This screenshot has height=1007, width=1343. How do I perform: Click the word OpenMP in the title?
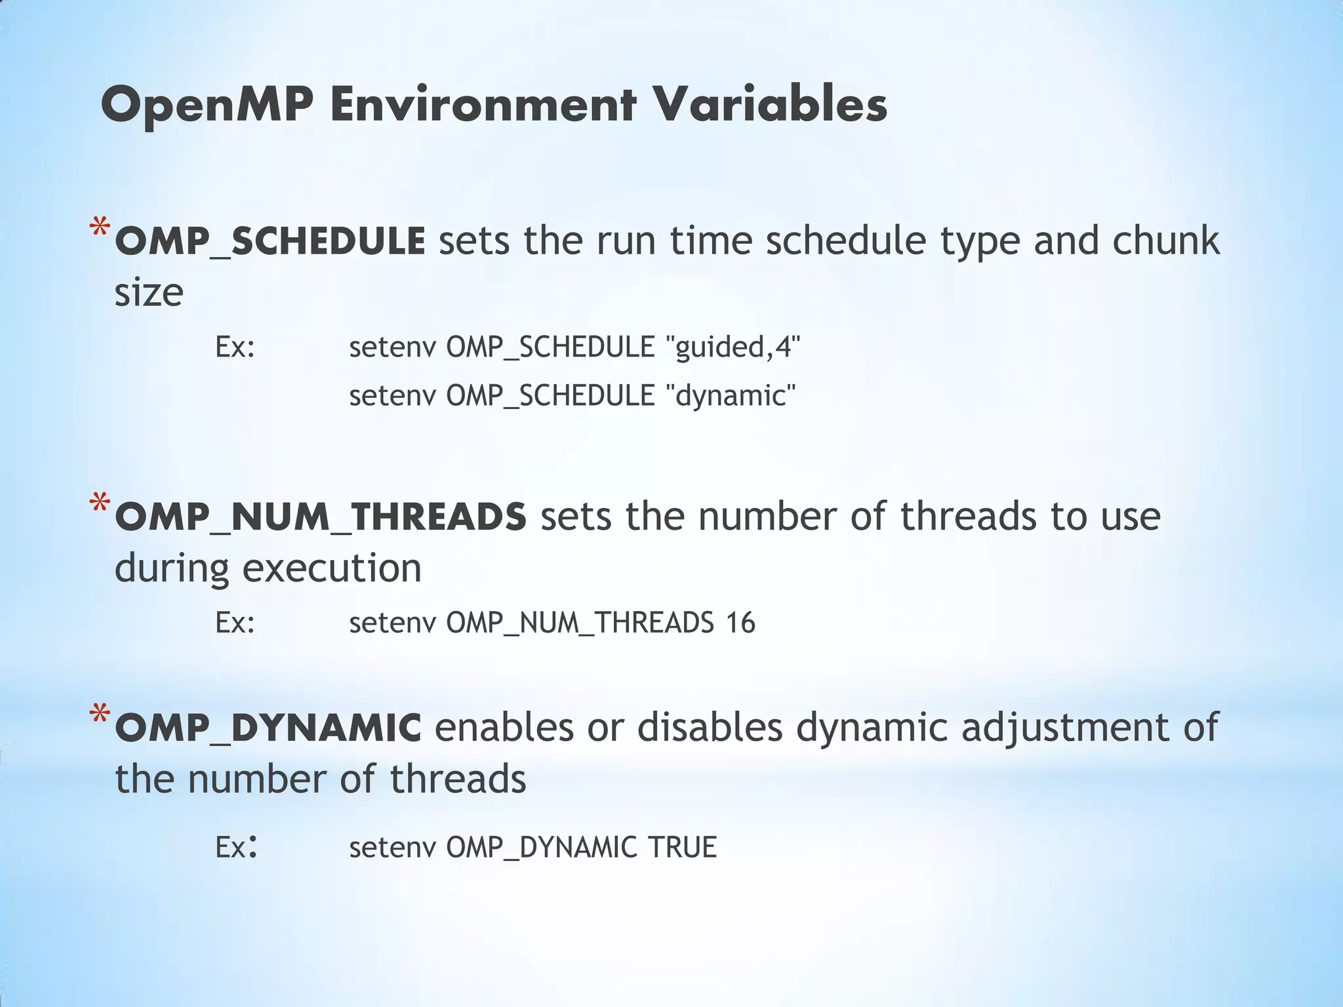(x=207, y=105)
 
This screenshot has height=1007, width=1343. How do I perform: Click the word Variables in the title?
(x=770, y=105)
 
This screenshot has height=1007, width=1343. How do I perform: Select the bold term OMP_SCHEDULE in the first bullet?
(x=270, y=241)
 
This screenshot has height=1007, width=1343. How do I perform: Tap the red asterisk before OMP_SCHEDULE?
(x=100, y=230)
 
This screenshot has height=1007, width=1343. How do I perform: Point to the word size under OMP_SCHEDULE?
(x=149, y=292)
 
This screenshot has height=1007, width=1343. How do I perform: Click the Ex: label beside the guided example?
(x=235, y=346)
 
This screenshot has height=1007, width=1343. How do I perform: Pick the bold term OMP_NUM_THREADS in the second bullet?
(x=321, y=517)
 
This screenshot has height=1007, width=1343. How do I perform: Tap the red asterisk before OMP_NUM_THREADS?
(x=100, y=505)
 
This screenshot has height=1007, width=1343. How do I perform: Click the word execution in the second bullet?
(x=332, y=568)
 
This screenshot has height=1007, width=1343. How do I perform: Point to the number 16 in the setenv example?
(x=740, y=622)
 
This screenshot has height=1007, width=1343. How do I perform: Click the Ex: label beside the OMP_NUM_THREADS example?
(x=235, y=622)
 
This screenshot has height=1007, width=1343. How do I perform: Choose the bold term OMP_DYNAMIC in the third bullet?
(x=268, y=728)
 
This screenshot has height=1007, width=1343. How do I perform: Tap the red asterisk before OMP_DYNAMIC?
(x=100, y=716)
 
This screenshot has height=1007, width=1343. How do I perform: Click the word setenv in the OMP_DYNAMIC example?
(x=392, y=847)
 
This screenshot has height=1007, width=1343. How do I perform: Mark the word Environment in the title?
(x=483, y=105)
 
